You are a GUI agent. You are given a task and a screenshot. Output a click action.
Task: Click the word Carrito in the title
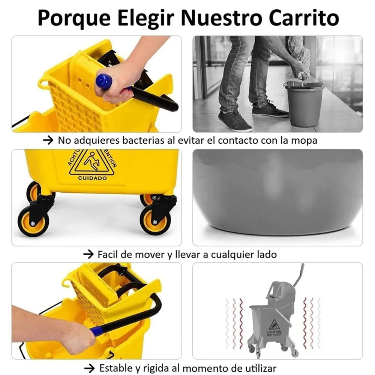click(304, 18)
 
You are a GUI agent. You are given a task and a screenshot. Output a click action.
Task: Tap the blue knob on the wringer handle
click(104, 81)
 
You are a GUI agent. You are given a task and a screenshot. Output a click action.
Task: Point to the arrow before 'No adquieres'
click(48, 140)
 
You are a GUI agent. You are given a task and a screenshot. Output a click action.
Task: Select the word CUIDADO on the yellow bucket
click(93, 178)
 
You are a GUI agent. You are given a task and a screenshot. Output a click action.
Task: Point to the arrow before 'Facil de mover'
click(88, 254)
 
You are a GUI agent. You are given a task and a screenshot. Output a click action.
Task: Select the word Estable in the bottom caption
click(116, 368)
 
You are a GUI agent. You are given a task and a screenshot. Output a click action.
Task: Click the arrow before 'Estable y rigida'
click(90, 368)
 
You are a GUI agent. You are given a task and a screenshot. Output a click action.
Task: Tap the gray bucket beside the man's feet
click(304, 103)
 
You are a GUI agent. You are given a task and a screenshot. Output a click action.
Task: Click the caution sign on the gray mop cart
click(274, 325)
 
